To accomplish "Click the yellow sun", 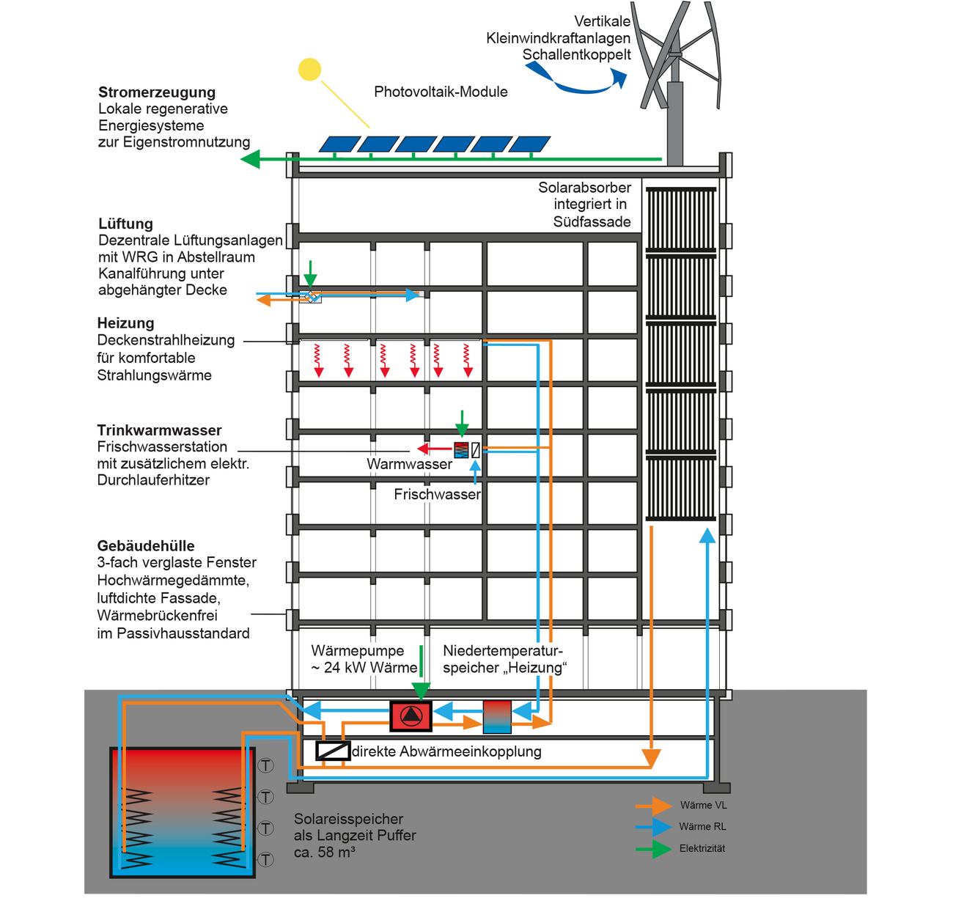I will (x=310, y=69).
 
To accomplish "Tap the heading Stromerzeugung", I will (x=157, y=92).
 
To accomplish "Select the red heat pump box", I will (x=411, y=715).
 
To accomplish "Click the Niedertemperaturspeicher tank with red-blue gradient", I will (x=497, y=716).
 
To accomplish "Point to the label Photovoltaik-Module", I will (x=441, y=92).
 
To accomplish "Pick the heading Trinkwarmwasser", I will (x=159, y=430).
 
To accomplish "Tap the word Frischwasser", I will (x=437, y=495).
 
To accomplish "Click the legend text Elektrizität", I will (x=702, y=848).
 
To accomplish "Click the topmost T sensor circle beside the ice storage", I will (x=265, y=765).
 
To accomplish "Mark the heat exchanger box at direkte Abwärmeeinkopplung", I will (x=333, y=751).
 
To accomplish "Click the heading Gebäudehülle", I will (x=146, y=546).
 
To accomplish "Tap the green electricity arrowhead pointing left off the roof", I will (x=251, y=159).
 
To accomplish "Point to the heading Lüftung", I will (x=125, y=224).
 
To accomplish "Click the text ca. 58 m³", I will (x=325, y=853).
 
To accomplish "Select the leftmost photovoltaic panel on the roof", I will (x=339, y=144).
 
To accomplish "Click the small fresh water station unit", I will (x=461, y=449).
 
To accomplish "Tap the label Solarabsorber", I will (x=584, y=188).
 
